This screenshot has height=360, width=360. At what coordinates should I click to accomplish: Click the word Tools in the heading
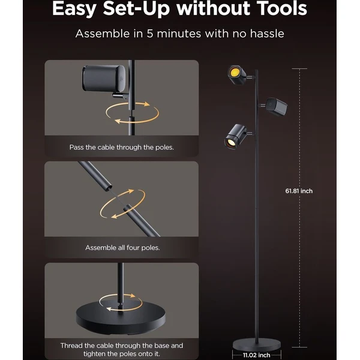pyautogui.click(x=282, y=8)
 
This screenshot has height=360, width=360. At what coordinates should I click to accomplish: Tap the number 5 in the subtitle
pyautogui.click(x=150, y=34)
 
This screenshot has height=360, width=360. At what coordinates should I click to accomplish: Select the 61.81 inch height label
pyautogui.click(x=299, y=191)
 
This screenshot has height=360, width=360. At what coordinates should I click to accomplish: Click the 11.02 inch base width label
pyautogui.click(x=256, y=355)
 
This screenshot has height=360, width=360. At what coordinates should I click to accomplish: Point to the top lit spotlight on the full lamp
pyautogui.click(x=237, y=74)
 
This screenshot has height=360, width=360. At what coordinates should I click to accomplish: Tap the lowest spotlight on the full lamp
pyautogui.click(x=235, y=136)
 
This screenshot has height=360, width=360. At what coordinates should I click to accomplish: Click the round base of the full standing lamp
pyautogui.click(x=256, y=344)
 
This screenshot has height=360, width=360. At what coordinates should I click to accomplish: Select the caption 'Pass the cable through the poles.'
pyautogui.click(x=122, y=147)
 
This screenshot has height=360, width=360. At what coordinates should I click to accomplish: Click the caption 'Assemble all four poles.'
pyautogui.click(x=122, y=248)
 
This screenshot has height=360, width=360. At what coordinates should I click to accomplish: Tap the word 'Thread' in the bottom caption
pyautogui.click(x=71, y=346)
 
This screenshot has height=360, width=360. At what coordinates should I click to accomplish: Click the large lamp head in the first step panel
pyautogui.click(x=104, y=79)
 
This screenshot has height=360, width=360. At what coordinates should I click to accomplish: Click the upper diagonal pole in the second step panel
pyautogui.click(x=95, y=176)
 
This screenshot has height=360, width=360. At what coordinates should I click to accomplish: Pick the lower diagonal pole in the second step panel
pyautogui.click(x=142, y=220)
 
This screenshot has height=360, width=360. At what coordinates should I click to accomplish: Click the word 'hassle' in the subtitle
pyautogui.click(x=267, y=34)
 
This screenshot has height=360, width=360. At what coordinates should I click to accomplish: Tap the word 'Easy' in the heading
pyautogui.click(x=74, y=9)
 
